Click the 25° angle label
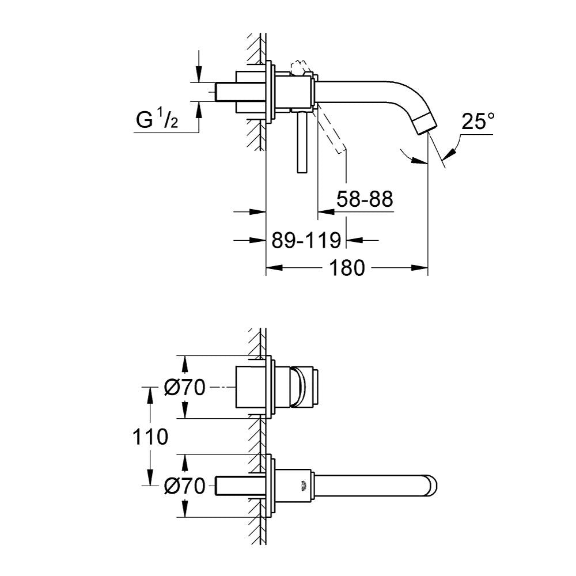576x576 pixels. [478, 121]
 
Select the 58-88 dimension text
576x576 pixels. [365, 199]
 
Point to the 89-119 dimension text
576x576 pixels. [306, 240]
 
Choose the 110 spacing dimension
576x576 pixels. [150, 437]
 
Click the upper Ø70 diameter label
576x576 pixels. [184, 387]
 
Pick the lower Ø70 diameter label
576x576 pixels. [184, 486]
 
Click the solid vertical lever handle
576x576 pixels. [301, 142]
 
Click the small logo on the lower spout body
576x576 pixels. [304, 486]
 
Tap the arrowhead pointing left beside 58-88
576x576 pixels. [326, 211]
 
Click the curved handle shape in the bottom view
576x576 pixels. [298, 387]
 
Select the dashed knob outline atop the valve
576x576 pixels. [300, 67]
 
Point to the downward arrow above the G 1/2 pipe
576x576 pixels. [199, 66]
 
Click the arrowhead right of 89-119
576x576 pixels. [355, 240]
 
